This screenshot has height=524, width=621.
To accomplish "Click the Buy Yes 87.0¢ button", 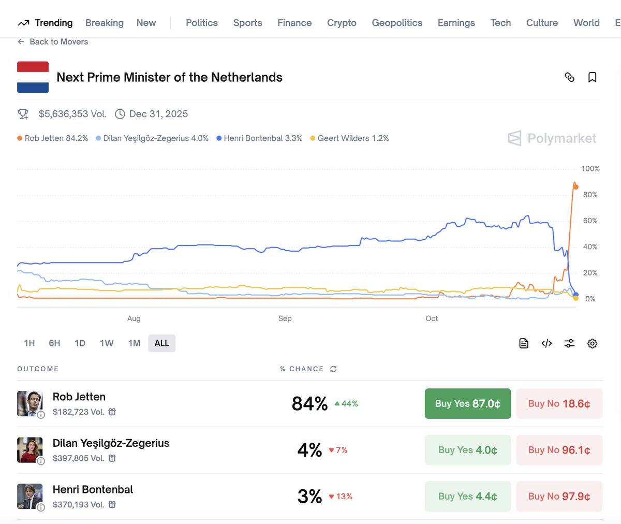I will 467,403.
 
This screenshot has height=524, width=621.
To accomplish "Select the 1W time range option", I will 107,343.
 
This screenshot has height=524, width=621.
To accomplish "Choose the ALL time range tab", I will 161,343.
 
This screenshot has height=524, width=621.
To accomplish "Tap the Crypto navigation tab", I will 342,23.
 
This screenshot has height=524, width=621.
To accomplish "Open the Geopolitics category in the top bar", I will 397,23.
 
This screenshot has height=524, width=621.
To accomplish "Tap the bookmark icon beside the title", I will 592,77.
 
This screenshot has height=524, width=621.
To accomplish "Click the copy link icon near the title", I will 569,77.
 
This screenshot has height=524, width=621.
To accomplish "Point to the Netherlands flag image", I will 33,77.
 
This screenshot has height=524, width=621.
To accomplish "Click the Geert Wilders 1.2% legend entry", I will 349,138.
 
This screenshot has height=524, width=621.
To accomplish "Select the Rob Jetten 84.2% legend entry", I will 52,138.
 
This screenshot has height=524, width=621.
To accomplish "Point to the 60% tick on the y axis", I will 590,221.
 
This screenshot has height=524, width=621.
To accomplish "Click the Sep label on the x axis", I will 285,318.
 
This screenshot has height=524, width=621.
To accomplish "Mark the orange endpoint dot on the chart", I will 576,187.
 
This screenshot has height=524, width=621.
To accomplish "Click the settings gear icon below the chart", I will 592,343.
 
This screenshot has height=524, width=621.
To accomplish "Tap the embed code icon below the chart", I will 546,343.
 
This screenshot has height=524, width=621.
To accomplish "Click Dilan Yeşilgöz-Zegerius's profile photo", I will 29,449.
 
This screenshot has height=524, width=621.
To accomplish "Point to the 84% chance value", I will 309,403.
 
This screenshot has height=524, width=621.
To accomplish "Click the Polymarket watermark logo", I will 552,138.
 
